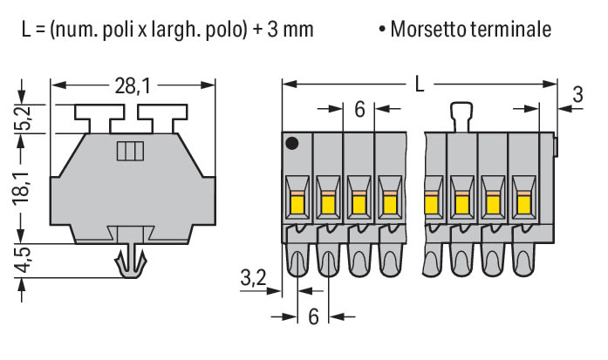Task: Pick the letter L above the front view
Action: click(420, 85)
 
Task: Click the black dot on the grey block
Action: click(294, 142)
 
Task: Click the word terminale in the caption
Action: click(513, 30)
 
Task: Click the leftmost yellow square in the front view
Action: click(296, 204)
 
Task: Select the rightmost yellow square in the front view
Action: click(523, 204)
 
